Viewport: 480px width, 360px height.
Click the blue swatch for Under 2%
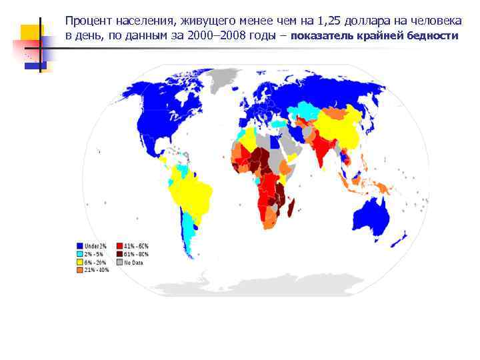pos(80,246)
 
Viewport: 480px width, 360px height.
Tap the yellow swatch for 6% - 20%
pos(80,262)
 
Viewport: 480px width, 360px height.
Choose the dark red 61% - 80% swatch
pos(120,254)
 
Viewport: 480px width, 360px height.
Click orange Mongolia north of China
pos(340,112)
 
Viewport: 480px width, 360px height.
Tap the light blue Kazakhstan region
pos(308,109)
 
